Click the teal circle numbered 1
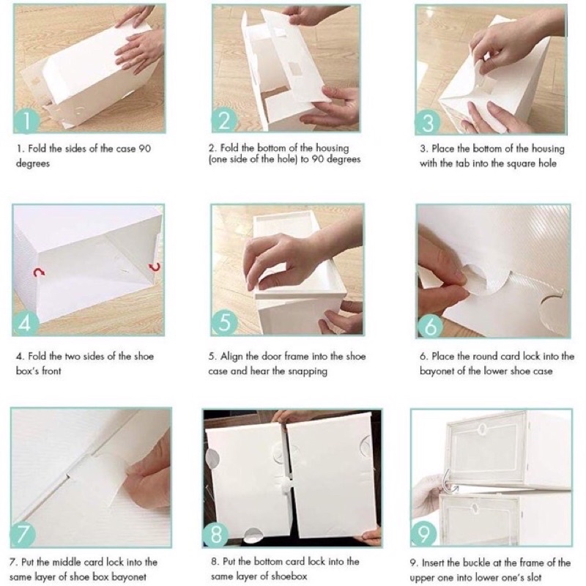pyautogui.click(x=26, y=120)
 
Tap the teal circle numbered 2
pyautogui.click(x=224, y=120)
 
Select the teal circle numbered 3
pyautogui.click(x=428, y=122)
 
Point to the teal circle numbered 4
pyautogui.click(x=26, y=323)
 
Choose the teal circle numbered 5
pyautogui.click(x=224, y=322)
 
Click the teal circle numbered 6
pyautogui.click(x=430, y=325)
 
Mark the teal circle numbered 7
pyautogui.click(x=23, y=535)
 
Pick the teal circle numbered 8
pyautogui.click(x=216, y=535)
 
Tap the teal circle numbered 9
pyautogui.click(x=423, y=533)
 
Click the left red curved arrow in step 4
pyautogui.click(x=38, y=272)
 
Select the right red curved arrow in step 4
pyautogui.click(x=155, y=267)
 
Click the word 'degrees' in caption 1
pyautogui.click(x=33, y=163)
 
